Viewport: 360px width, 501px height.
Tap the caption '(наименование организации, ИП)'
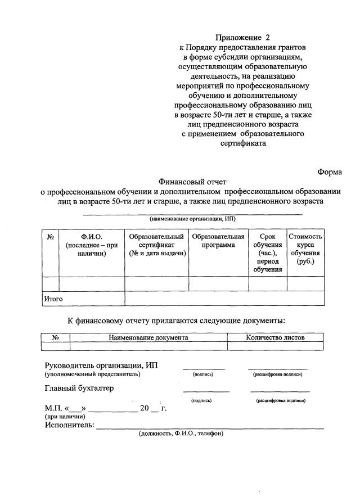(192, 219)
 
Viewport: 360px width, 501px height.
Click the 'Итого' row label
(53, 299)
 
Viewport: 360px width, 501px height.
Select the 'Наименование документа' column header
(148, 337)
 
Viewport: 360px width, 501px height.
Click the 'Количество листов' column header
(275, 337)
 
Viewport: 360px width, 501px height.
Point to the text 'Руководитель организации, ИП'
(101, 365)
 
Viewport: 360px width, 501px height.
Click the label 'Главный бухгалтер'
(79, 388)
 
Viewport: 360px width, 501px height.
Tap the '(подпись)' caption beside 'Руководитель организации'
(202, 374)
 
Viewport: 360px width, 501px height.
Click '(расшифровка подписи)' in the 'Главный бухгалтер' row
(280, 401)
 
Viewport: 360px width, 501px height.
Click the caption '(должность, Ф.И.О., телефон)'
(181, 434)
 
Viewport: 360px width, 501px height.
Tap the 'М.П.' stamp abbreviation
(53, 409)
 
